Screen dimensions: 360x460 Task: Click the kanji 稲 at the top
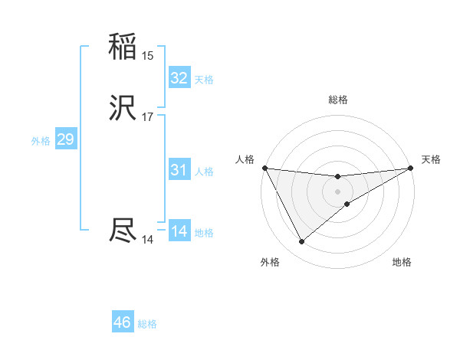click(x=123, y=47)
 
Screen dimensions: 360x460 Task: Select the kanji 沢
click(x=123, y=110)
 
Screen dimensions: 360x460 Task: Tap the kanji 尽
click(x=123, y=231)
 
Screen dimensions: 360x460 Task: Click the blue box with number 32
click(x=179, y=78)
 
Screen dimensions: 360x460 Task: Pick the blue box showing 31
click(x=179, y=170)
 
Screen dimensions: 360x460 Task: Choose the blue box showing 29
click(x=65, y=139)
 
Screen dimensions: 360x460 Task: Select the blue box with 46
click(x=123, y=322)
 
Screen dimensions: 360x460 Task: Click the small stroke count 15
click(x=147, y=56)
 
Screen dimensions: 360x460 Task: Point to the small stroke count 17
click(x=147, y=117)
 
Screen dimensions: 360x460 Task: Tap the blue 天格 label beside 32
click(x=204, y=80)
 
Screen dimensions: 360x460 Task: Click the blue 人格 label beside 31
click(x=204, y=172)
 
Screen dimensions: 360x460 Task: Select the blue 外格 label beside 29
click(x=41, y=141)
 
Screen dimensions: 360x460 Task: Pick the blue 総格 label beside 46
click(x=147, y=324)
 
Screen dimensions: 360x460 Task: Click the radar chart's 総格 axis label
click(x=338, y=100)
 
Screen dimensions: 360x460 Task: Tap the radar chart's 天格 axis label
click(x=431, y=159)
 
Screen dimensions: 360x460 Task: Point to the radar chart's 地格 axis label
click(x=402, y=263)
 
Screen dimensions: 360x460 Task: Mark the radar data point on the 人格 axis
click(x=264, y=168)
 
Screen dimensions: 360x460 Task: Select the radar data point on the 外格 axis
click(x=301, y=242)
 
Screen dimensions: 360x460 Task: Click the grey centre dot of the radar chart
click(x=338, y=191)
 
